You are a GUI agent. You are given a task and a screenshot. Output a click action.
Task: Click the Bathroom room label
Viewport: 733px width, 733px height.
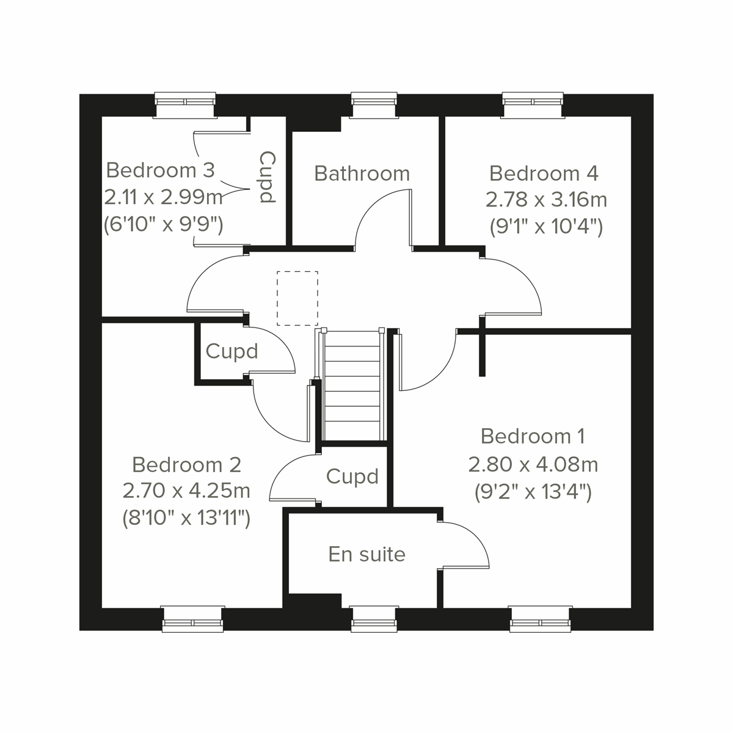362,173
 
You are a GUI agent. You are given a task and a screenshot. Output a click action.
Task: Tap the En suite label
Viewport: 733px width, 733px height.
366,554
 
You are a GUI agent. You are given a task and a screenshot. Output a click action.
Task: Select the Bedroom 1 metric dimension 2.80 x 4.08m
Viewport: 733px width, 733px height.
533,465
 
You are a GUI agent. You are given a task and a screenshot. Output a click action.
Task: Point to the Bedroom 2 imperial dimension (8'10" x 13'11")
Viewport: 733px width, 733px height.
186,519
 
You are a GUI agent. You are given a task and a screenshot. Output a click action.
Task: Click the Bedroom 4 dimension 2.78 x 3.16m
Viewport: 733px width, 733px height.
546,200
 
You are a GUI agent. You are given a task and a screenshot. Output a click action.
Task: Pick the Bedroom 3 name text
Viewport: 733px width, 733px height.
161,170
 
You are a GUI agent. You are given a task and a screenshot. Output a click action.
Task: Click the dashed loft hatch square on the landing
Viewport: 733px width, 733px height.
297,298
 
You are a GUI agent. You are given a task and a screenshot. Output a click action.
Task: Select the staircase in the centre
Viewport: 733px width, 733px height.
352,385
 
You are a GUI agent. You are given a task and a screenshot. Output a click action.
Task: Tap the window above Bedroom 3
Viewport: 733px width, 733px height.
186,104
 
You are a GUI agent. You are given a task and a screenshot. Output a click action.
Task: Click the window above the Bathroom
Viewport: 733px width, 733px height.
374,104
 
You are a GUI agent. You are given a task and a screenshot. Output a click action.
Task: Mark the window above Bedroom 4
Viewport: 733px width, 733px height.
533,104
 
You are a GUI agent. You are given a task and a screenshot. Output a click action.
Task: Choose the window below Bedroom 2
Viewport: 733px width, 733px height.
192,618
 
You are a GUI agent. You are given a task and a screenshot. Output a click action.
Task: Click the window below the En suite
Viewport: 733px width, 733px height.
374,618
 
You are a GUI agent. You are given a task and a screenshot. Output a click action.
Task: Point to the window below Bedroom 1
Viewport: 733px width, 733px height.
541,618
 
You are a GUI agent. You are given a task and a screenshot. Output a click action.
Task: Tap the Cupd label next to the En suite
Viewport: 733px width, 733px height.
352,476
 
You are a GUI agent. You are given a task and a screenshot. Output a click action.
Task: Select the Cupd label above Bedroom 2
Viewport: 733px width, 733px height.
232,351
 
